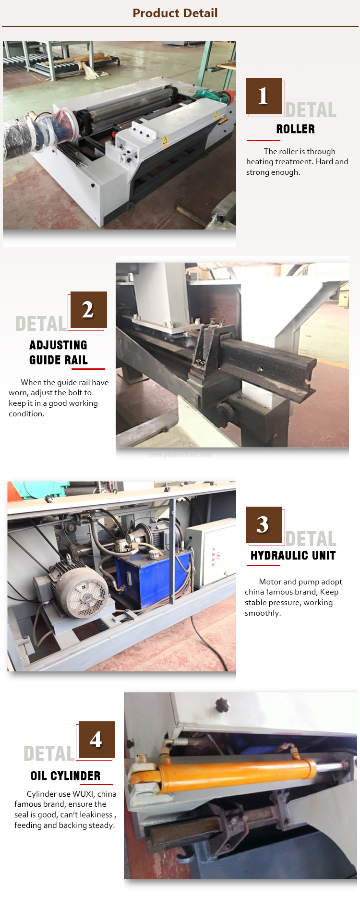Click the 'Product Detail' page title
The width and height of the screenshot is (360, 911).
coord(175,13)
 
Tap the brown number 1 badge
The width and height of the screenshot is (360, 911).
coord(264,96)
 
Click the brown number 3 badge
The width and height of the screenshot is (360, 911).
coord(264,525)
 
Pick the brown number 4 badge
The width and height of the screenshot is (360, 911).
coord(97,740)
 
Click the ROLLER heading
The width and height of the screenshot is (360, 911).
coord(296,129)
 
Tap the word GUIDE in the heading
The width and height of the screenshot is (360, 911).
coord(44,360)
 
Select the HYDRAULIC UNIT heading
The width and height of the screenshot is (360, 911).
coord(293,556)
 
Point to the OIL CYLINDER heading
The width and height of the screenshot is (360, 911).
coord(66,776)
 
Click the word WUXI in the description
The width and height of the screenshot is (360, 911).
coord(84,794)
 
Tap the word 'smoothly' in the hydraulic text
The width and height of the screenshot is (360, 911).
coord(263,613)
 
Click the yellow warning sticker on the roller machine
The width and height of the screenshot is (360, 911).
coord(165,141)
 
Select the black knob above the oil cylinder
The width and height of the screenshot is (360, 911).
coord(222,705)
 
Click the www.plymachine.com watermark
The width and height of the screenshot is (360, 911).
coord(180,454)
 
